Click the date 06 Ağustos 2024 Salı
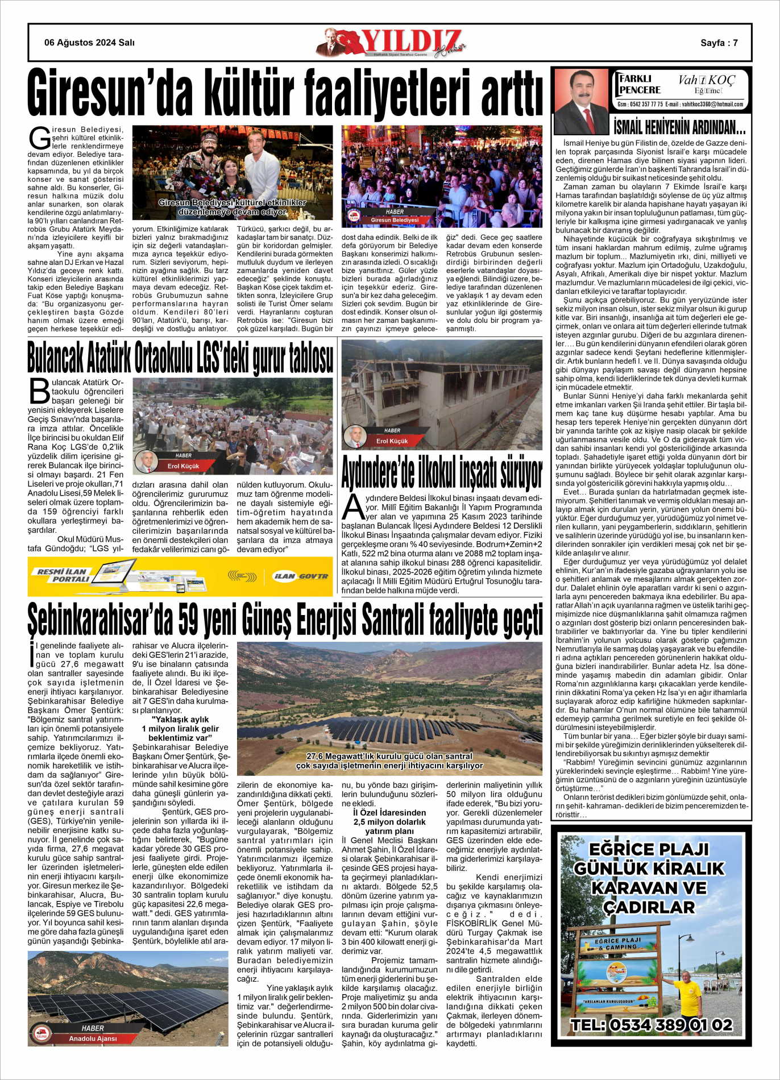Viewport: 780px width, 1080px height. click(89, 43)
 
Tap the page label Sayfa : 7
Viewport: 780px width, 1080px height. click(719, 43)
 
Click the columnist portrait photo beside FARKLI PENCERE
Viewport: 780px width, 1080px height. click(581, 101)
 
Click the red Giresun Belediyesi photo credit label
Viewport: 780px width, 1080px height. click(395, 220)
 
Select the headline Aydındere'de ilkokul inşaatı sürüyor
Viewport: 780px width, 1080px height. click(442, 471)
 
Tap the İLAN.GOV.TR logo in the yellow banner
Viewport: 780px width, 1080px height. click(300, 576)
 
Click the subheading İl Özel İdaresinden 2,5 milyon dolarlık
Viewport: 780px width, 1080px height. click(389, 817)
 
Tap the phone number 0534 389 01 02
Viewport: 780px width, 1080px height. click(652, 1025)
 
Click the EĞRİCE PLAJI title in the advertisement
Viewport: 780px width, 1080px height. click(649, 849)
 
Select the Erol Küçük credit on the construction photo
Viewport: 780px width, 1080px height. click(392, 441)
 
